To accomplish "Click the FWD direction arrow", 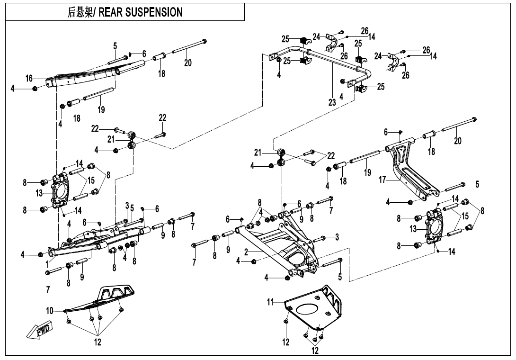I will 39,330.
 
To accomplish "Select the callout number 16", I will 29,78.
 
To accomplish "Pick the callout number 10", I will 50,311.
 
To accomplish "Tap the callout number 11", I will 271,302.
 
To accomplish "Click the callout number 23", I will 332,102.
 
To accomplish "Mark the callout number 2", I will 246,252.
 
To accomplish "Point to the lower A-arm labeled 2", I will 284,246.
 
